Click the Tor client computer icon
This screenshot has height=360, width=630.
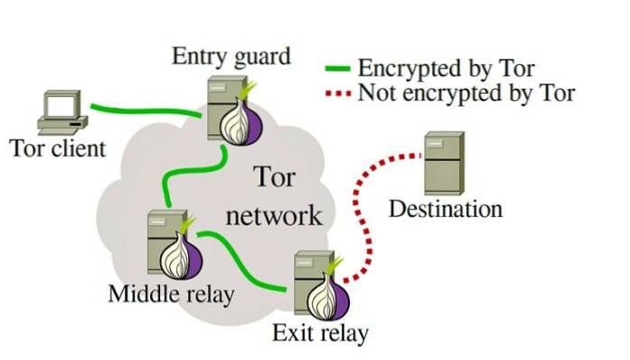click(x=61, y=113)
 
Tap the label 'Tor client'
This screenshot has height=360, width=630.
click(x=58, y=147)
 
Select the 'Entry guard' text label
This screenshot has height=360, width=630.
click(x=231, y=56)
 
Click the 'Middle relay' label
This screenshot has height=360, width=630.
click(x=171, y=294)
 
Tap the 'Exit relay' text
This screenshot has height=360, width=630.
click(x=320, y=334)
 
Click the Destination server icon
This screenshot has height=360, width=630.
click(x=444, y=162)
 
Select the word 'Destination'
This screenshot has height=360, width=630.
click(x=445, y=210)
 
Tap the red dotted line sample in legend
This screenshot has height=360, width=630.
click(x=338, y=92)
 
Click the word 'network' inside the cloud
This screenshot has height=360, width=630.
click(x=273, y=215)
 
